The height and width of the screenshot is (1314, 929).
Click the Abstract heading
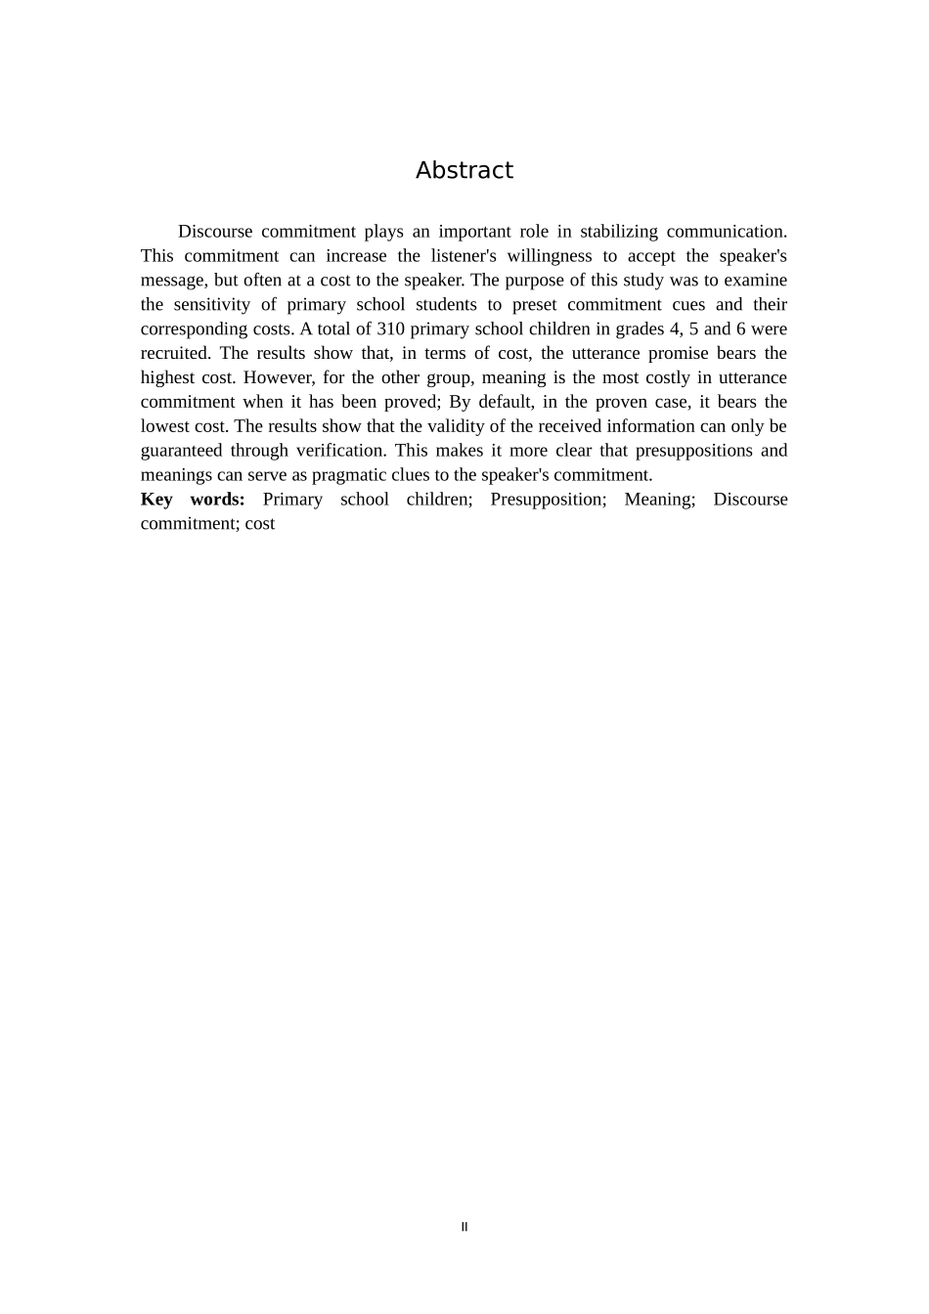(x=464, y=170)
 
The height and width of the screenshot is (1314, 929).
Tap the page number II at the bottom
(x=464, y=1227)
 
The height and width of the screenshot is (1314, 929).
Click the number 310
(x=390, y=328)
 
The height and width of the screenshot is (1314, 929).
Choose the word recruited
(x=174, y=353)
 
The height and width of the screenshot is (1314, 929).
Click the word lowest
(x=169, y=426)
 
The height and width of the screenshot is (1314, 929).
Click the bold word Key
(x=156, y=500)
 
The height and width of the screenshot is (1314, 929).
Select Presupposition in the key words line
(x=548, y=500)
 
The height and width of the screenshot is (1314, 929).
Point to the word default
(x=506, y=402)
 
